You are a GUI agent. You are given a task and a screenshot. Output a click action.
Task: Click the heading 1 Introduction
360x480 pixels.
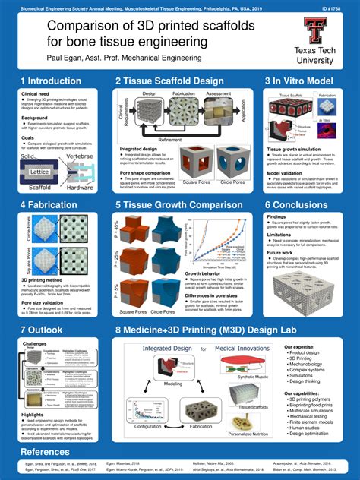[x=51, y=81]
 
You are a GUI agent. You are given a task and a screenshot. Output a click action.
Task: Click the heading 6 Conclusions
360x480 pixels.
[x=302, y=204]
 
